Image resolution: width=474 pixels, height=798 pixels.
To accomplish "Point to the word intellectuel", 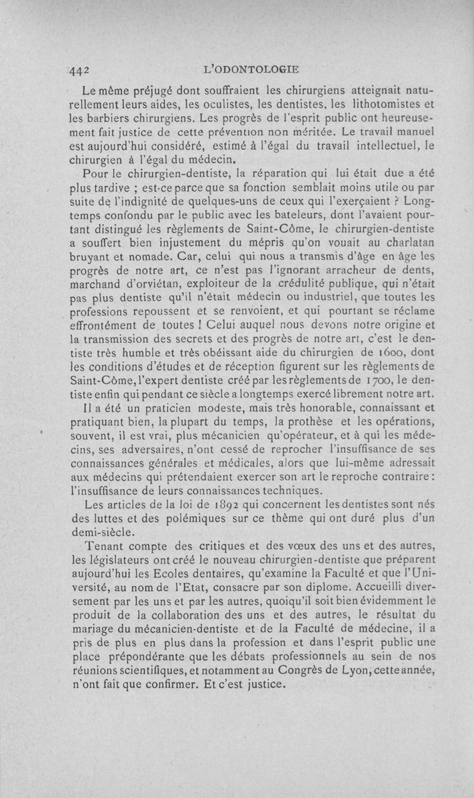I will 367,145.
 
